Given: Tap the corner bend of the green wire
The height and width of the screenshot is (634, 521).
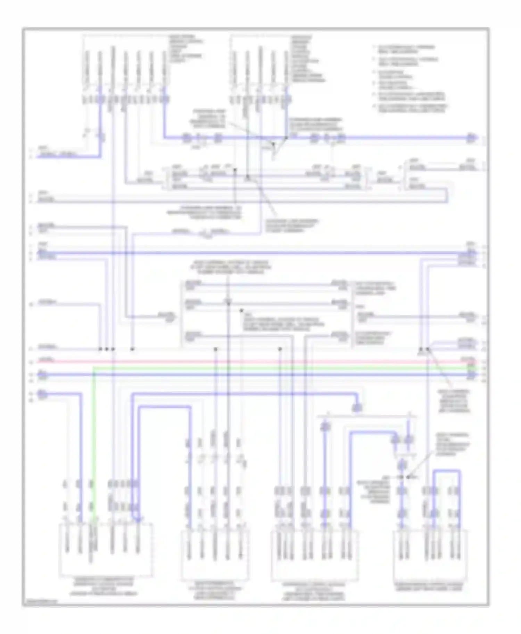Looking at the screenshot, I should pyautogui.click(x=94, y=369).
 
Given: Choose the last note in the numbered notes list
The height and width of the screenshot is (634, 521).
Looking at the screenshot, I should pyautogui.click(x=412, y=108).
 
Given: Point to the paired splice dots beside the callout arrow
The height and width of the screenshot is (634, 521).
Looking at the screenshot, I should pyautogui.click(x=424, y=349).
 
